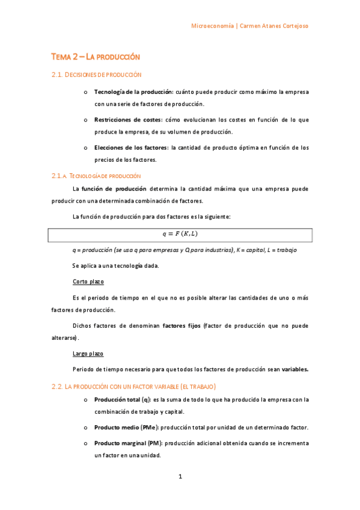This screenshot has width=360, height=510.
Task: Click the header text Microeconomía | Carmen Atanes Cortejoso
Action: click(x=249, y=26)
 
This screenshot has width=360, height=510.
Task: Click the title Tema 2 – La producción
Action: click(x=96, y=57)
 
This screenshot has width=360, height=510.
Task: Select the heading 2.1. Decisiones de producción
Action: click(x=96, y=75)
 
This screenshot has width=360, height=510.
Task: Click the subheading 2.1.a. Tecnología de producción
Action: click(x=96, y=176)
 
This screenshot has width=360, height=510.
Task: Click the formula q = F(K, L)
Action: click(x=180, y=234)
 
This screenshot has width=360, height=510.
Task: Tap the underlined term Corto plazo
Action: click(x=88, y=281)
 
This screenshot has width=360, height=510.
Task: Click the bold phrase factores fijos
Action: click(x=182, y=326)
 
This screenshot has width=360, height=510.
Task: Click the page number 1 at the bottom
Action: click(x=180, y=477)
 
